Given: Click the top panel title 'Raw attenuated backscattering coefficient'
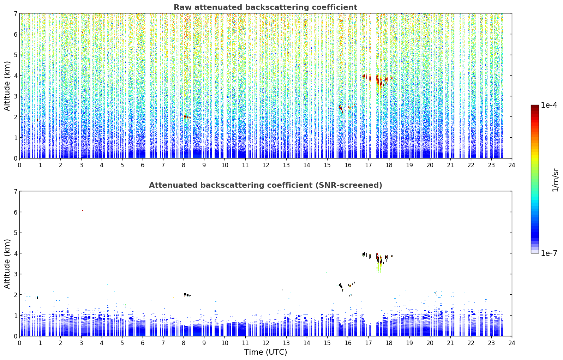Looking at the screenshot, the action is click(x=265, y=7).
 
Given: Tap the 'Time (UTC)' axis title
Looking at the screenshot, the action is click(x=265, y=352).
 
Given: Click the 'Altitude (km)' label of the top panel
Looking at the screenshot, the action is click(x=7, y=86).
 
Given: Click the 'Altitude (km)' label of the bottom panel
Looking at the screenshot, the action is click(x=7, y=264).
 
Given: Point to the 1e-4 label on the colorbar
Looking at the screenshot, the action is click(x=549, y=105).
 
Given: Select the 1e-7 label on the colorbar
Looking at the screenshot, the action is click(x=549, y=253).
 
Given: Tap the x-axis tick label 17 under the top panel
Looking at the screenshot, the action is click(x=368, y=165).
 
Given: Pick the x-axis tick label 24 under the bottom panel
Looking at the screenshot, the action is click(x=512, y=343).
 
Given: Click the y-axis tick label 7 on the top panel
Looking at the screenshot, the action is click(x=15, y=13).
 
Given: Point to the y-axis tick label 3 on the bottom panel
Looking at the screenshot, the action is click(x=15, y=274).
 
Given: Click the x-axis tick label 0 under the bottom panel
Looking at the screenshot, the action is click(x=20, y=343).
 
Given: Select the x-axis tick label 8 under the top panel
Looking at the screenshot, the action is click(x=184, y=165).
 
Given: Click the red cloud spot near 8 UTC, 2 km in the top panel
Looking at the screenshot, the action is click(x=186, y=117).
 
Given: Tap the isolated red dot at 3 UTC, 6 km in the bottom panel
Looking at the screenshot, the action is click(x=82, y=210).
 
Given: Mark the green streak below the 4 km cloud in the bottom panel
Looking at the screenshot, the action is click(x=379, y=268).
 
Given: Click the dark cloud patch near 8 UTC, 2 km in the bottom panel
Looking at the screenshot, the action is click(x=186, y=295).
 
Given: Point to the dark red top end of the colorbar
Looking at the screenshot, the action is click(x=535, y=107).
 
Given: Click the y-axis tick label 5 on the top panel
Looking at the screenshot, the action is click(x=15, y=55).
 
